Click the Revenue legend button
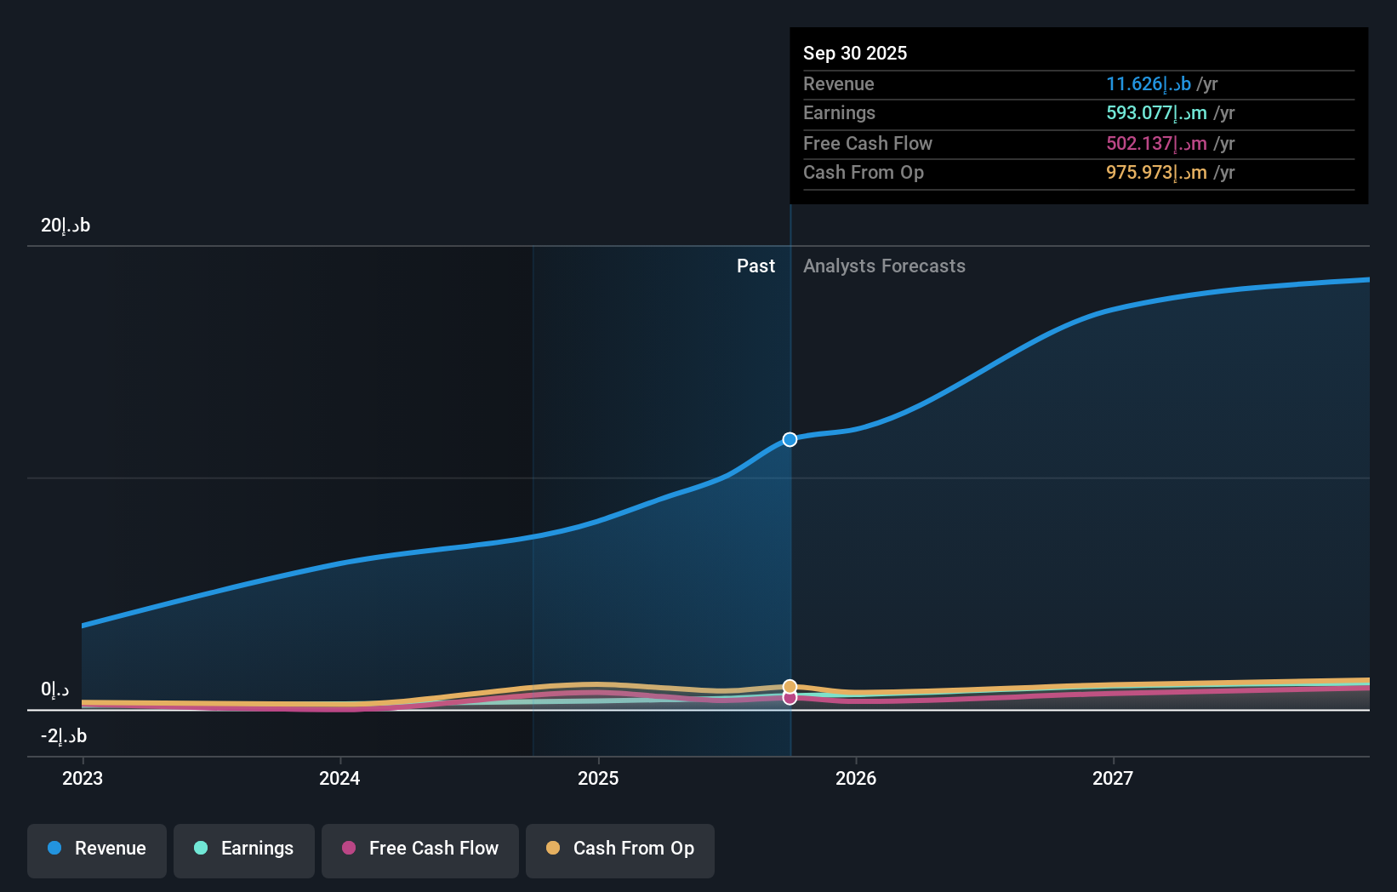point(97,849)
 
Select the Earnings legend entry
point(244,849)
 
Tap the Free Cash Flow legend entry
point(420,849)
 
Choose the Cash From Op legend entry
point(620,849)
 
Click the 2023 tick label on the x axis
point(83,778)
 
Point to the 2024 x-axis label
point(339,778)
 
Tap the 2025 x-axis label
point(598,778)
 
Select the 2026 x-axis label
point(856,778)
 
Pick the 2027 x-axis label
point(1113,778)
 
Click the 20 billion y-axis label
point(66,226)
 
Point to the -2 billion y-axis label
point(64,736)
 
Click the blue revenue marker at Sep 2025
point(790,439)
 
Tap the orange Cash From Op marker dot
point(790,686)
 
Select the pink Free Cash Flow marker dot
point(790,698)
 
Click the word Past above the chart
point(756,266)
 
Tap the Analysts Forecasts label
point(884,266)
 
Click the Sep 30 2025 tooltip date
point(855,54)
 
